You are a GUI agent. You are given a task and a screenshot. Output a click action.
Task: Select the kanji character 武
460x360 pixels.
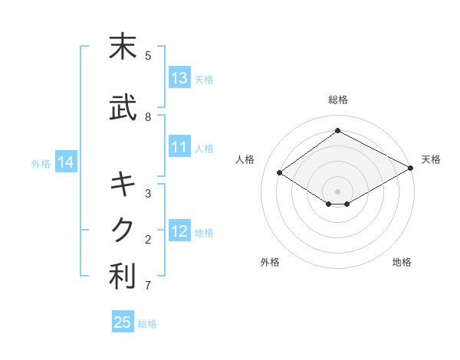tap(123, 109)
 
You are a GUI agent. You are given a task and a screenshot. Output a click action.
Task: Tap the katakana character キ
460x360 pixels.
tap(123, 184)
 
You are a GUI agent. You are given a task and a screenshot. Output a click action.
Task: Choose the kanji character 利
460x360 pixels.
tap(123, 277)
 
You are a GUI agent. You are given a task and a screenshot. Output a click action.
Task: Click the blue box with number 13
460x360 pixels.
tap(179, 78)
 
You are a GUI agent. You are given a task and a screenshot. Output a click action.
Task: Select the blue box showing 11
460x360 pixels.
tap(179, 148)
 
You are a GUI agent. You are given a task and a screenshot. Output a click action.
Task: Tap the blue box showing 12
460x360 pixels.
tap(179, 231)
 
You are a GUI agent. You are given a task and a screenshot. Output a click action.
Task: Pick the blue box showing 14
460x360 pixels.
tap(65, 162)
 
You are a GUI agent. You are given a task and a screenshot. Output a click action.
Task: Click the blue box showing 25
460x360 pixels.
tap(123, 322)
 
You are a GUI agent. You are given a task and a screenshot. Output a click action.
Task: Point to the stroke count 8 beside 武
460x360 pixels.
tap(148, 117)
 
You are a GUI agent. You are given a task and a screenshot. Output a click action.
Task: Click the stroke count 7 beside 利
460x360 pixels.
tap(148, 286)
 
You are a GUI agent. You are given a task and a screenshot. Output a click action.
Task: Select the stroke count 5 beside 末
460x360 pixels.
tap(148, 55)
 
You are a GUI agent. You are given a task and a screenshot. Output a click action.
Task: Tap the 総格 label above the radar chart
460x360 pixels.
tap(337, 100)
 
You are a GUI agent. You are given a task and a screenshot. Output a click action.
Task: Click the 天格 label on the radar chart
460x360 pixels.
tap(431, 159)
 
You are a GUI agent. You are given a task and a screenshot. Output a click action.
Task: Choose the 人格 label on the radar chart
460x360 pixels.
tap(245, 159)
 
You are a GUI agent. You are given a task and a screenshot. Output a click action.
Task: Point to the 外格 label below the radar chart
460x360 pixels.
tap(270, 262)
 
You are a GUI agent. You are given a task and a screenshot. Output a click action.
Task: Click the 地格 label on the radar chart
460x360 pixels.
tap(402, 262)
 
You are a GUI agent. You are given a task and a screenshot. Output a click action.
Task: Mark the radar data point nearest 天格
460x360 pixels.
tap(411, 169)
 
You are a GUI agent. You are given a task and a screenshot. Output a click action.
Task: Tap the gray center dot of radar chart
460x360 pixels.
tap(337, 191)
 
